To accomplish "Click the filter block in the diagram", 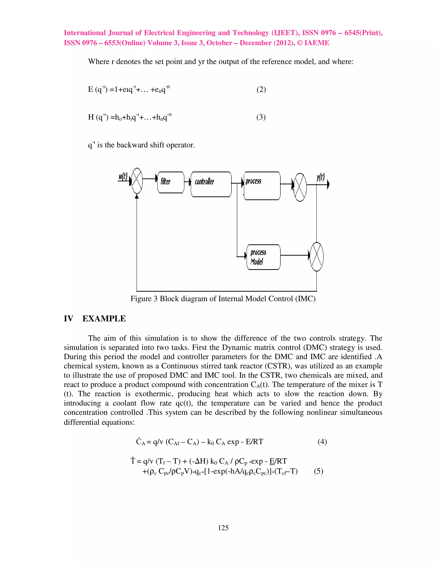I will [x=171, y=182].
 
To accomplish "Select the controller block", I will [x=211, y=184].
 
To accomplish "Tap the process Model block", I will [x=263, y=257].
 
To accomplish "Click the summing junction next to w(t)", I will [x=137, y=181].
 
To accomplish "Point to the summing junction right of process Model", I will [x=317, y=257].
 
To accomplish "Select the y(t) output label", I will [x=320, y=177].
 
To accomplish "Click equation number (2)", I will [x=261, y=90].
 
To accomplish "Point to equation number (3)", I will [x=261, y=117].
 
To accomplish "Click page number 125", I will [x=223, y=528].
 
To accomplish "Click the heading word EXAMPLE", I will [x=104, y=319].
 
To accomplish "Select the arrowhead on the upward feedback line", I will [x=137, y=197].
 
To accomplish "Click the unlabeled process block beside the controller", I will [x=262, y=185].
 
